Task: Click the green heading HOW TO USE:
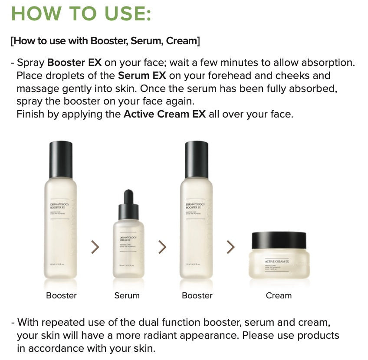81,13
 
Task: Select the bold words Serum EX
142,75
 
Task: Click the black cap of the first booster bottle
61,154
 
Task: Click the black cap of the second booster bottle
197,154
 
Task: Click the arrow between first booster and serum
95,247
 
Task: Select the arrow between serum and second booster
162,247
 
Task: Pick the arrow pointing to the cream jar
230,247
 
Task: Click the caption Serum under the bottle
127,295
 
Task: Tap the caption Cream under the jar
279,295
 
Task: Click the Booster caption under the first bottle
61,295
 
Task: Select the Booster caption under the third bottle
197,295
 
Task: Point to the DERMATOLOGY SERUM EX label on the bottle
128,239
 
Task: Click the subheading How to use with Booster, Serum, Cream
105,41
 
